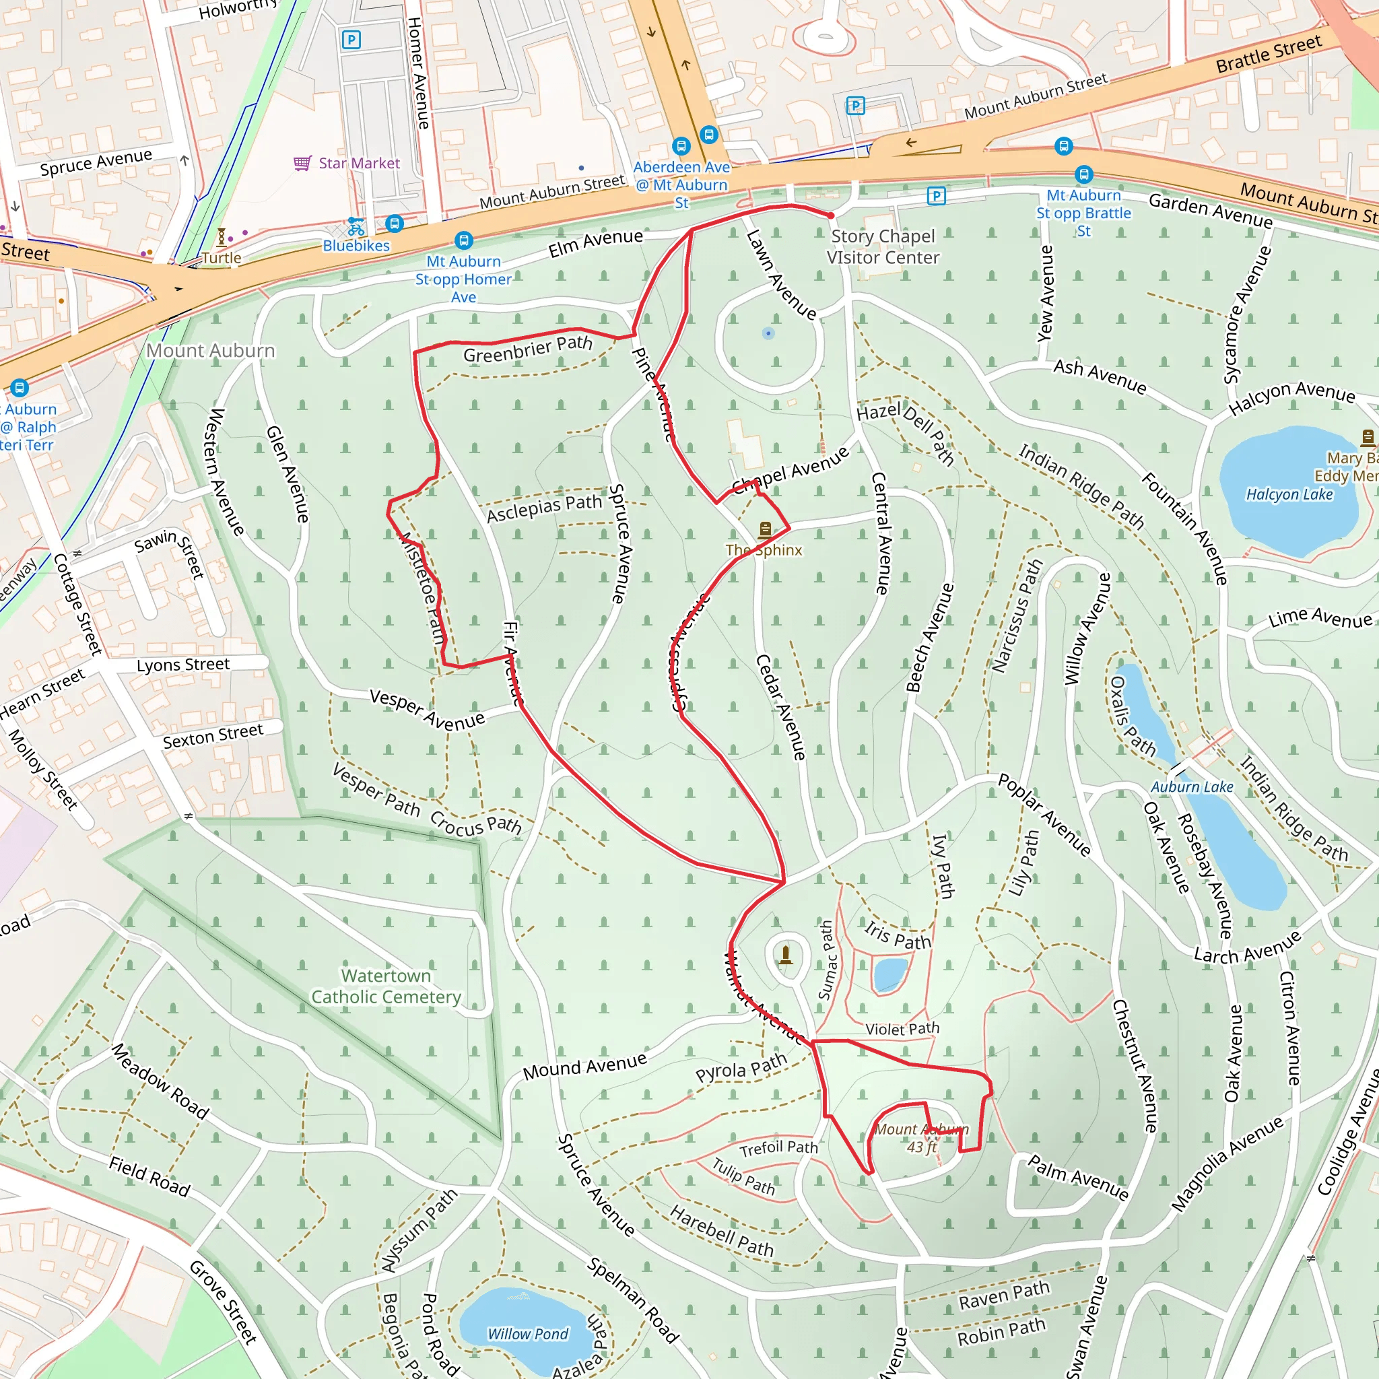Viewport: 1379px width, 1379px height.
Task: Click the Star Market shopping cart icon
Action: (302, 164)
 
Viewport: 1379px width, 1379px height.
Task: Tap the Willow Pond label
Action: (528, 1333)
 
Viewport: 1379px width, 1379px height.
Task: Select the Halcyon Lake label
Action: (1289, 494)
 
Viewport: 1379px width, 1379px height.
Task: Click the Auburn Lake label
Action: (1192, 786)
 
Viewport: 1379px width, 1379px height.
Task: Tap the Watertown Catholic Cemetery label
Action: (386, 986)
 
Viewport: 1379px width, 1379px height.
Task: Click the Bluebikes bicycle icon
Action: (356, 227)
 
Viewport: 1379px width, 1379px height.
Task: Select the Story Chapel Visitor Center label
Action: (883, 246)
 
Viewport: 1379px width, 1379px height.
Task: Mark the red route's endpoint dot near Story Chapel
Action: (831, 215)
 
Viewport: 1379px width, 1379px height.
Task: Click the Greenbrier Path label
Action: (528, 349)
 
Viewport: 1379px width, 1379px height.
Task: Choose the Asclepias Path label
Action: (544, 508)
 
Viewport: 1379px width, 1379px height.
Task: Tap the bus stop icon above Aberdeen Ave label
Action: (681, 146)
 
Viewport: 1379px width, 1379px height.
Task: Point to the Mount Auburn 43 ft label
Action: (922, 1138)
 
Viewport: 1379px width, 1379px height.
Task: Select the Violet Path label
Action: (902, 1030)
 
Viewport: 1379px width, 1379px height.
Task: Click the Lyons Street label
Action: (183, 665)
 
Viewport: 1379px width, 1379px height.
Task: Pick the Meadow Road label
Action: (161, 1081)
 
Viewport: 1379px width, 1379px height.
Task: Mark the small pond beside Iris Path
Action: (889, 974)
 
